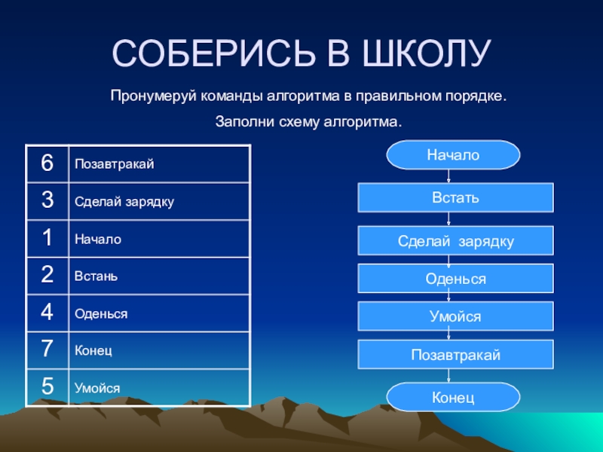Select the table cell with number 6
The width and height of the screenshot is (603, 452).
[x=47, y=163]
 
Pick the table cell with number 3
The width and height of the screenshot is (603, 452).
[x=47, y=201]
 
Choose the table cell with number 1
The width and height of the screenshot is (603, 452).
[x=47, y=239]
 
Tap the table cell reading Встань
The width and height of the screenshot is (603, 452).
[x=158, y=276]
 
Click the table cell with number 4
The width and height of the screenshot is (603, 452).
[x=47, y=313]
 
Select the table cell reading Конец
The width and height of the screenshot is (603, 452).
[x=158, y=350]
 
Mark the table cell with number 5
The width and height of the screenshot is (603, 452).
[x=47, y=387]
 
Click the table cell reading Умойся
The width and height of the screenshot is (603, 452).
[x=158, y=388]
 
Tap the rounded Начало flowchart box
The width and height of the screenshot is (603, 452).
[x=453, y=155]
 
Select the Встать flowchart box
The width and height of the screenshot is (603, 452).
[x=455, y=198]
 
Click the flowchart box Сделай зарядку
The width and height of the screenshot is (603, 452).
[x=455, y=241]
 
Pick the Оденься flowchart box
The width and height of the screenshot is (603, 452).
[x=455, y=279]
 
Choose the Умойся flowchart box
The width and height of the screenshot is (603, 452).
[x=455, y=316]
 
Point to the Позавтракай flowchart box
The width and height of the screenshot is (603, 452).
[x=455, y=354]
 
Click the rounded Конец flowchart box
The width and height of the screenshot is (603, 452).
[x=453, y=396]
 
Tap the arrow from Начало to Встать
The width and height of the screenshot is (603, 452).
[x=449, y=176]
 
